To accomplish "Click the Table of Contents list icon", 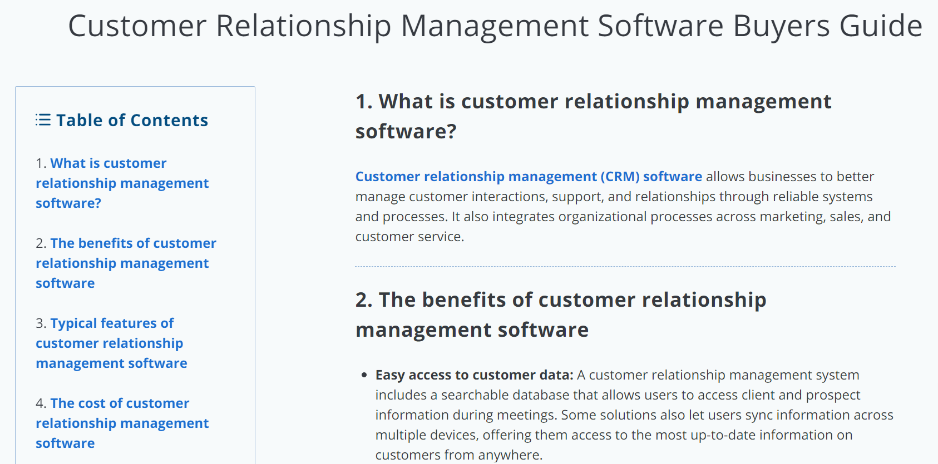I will click(x=43, y=120).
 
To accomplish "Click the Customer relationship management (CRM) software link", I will click(x=529, y=177).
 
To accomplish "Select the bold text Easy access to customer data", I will click(x=474, y=375).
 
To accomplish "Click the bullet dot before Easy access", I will click(x=364, y=375).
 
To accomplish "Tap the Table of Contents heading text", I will click(x=132, y=120).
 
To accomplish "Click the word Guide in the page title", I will click(x=881, y=26).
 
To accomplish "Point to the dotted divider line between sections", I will click(x=625, y=267).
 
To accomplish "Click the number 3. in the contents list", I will click(x=41, y=323).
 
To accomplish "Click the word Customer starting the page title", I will click(x=137, y=26).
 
